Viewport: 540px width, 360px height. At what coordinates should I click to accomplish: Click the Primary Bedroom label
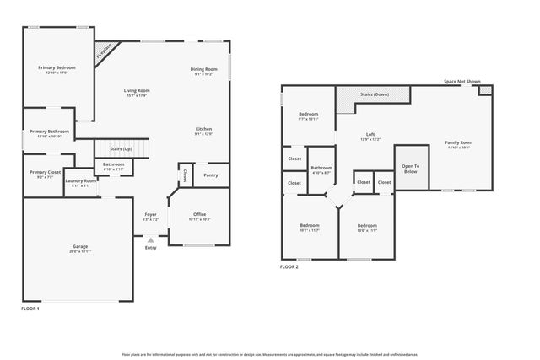tap(55, 68)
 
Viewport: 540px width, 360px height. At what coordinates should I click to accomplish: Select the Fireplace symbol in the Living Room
tap(103, 51)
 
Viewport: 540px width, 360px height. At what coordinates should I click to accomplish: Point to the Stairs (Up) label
tap(121, 149)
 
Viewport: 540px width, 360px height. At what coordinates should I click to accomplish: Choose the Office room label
tap(200, 215)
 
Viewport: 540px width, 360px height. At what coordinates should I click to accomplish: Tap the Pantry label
tap(211, 175)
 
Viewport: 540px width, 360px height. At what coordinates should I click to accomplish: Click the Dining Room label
tap(203, 70)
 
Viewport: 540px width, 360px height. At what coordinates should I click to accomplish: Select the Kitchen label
tap(203, 129)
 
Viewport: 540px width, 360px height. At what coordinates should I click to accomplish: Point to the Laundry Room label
tap(81, 181)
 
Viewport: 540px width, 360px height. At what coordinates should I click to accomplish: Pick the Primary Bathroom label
tap(49, 132)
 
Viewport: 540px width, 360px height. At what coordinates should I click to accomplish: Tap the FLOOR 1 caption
tap(30, 309)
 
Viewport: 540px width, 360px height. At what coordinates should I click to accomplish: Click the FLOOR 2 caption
tap(289, 267)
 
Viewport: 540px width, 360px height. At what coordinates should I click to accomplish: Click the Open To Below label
tap(410, 169)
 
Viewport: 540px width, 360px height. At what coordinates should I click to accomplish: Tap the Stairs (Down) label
tap(375, 94)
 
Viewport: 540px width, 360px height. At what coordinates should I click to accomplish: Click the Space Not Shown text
tap(462, 82)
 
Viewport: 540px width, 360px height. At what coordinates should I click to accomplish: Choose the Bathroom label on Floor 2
tap(321, 169)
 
